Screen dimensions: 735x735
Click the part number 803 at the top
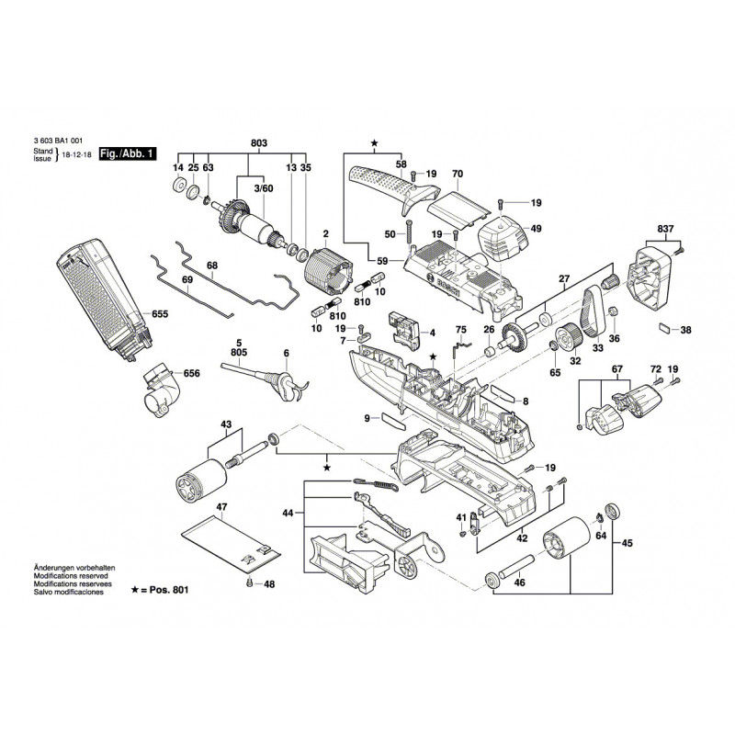point(258,144)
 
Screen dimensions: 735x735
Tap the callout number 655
point(161,313)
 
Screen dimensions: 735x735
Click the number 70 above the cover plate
point(458,174)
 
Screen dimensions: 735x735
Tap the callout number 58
point(401,164)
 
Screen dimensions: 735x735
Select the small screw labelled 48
point(248,583)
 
